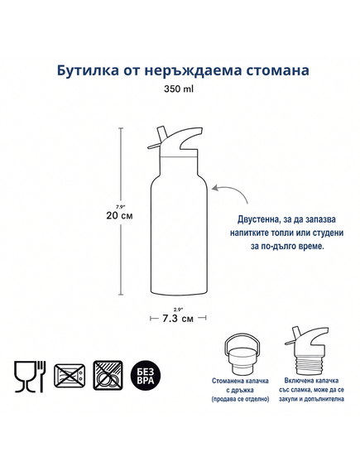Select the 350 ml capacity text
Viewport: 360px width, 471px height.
179,89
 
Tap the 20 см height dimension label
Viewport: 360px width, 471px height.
119,216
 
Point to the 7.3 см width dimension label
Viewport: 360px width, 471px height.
178,319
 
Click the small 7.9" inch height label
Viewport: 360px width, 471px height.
120,207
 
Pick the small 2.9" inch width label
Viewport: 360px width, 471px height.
178,309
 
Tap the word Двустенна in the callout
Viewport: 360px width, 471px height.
256,219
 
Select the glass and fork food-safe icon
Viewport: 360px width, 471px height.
30,376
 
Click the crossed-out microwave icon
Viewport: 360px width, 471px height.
70,375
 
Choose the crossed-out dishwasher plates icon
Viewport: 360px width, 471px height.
108,375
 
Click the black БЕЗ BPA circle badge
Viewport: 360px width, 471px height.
146,376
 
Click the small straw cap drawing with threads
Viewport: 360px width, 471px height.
305,350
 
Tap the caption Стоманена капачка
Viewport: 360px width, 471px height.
240,381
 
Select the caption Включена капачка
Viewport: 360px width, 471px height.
311,381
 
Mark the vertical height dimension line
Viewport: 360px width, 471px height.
121,211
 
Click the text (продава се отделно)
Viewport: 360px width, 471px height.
240,399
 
